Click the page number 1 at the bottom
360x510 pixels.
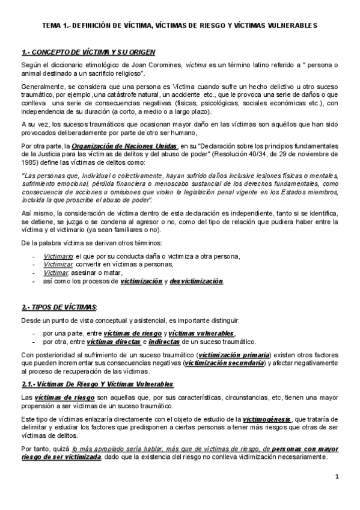pos(338,476)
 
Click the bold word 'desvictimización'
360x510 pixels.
pos(197,281)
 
